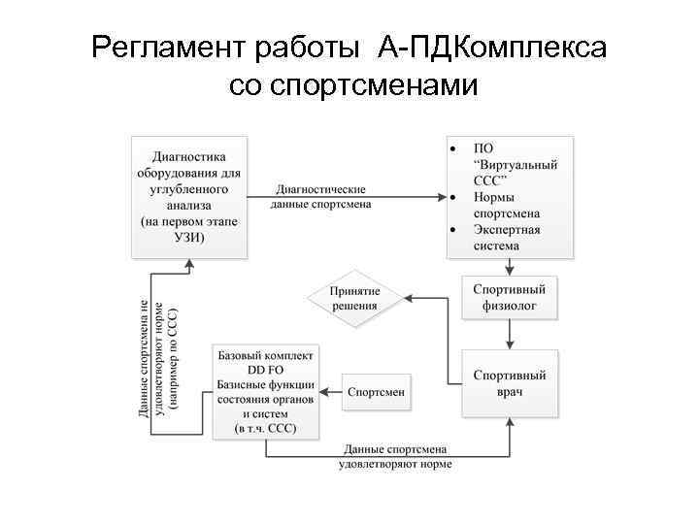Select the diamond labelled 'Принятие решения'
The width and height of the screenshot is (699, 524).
tap(353, 298)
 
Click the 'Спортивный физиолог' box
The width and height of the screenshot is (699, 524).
tap(510, 298)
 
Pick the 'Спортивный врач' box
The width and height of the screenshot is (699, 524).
tap(510, 383)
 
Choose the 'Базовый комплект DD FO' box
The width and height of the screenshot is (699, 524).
tap(266, 392)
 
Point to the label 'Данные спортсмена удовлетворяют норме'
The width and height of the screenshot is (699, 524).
tap(394, 456)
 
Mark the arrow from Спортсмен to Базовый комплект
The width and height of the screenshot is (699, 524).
tap(331, 391)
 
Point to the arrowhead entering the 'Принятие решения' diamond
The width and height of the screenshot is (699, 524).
tap(408, 298)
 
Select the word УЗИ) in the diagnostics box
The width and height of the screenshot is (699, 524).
tap(189, 239)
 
